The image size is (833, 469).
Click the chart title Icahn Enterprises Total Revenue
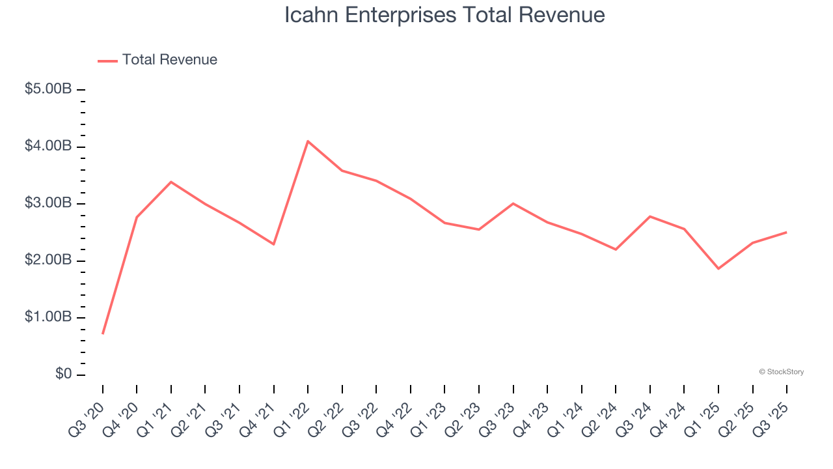pyautogui.click(x=444, y=15)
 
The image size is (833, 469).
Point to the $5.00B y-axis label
pyautogui.click(x=48, y=89)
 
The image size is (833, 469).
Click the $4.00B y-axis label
pyautogui.click(x=48, y=146)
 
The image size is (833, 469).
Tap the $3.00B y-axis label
pyautogui.click(x=48, y=203)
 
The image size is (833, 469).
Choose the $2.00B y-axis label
pyautogui.click(x=48, y=261)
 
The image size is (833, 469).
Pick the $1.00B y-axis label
pyautogui.click(x=48, y=317)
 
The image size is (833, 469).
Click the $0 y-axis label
pyautogui.click(x=63, y=375)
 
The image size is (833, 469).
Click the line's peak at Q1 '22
pyautogui.click(x=308, y=141)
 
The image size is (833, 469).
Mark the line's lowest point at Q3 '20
pyautogui.click(x=103, y=334)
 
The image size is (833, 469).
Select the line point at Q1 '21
pyautogui.click(x=171, y=182)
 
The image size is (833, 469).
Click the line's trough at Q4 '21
pyautogui.click(x=274, y=244)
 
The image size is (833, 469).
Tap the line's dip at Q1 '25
pyautogui.click(x=718, y=268)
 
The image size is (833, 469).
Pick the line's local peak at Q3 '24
pyautogui.click(x=650, y=216)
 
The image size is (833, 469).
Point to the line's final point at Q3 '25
pyautogui.click(x=786, y=232)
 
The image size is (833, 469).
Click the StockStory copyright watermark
pyautogui.click(x=781, y=372)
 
